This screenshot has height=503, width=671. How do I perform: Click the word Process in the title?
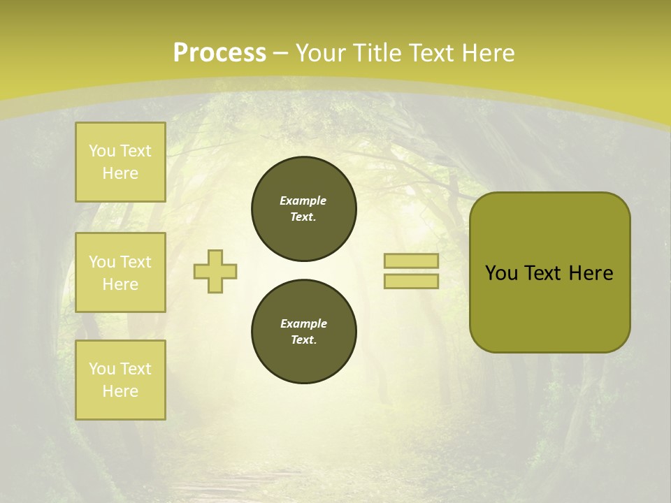tap(219, 53)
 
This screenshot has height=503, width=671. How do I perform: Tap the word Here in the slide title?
tap(488, 53)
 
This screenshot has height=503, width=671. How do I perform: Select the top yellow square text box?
tap(120, 162)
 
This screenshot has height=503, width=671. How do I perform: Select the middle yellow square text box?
tap(120, 272)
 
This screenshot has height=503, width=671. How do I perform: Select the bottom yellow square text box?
tap(120, 380)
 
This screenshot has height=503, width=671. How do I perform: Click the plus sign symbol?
tap(215, 271)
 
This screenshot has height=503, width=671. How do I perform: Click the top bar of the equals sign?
tap(411, 261)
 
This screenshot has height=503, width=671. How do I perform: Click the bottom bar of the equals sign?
tap(411, 281)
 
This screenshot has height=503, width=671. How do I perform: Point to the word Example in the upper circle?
tap(303, 201)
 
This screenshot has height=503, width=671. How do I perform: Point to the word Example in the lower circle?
tap(303, 323)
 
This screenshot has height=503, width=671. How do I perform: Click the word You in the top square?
tap(102, 151)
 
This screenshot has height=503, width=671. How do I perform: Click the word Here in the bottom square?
tap(120, 391)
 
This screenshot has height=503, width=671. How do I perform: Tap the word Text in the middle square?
tap(136, 262)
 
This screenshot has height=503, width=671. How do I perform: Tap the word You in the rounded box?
tap(502, 273)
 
